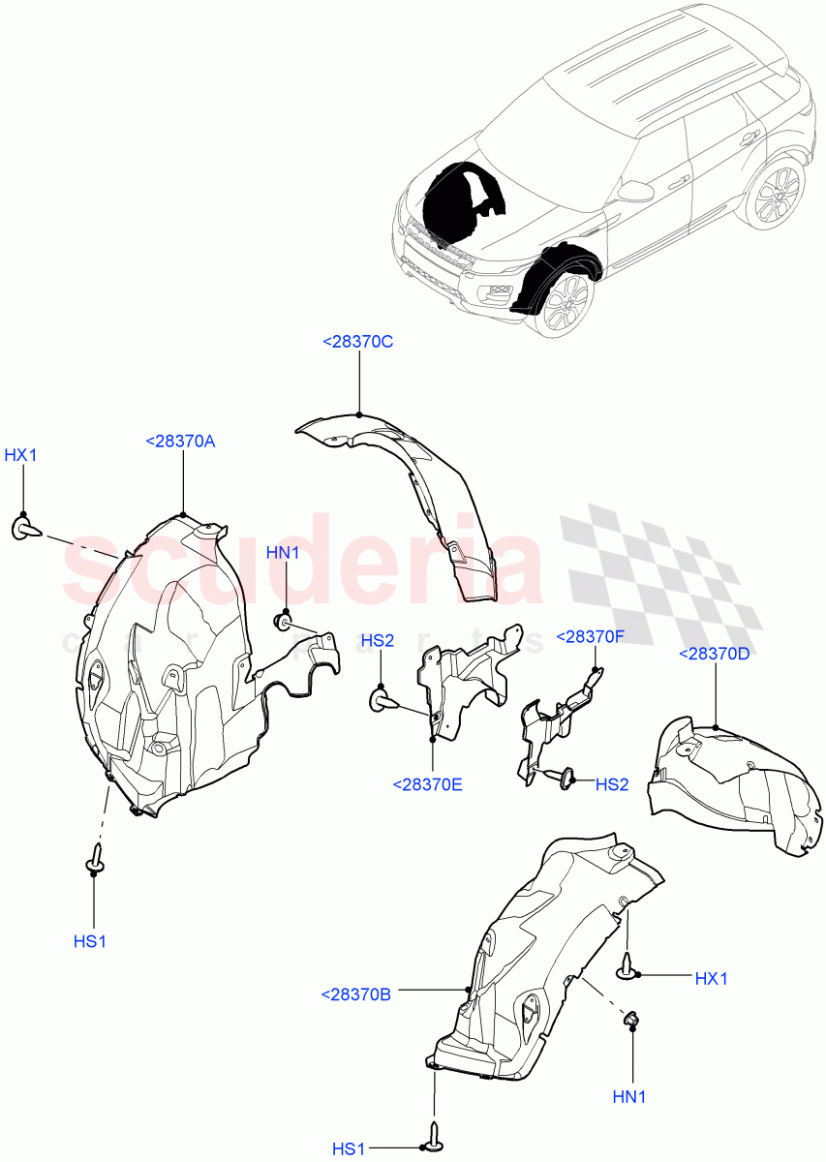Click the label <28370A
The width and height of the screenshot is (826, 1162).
tap(180, 441)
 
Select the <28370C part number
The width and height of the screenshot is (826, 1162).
tap(357, 341)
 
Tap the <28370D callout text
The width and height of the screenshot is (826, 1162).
tap(715, 654)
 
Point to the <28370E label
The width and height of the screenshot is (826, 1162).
tap(428, 784)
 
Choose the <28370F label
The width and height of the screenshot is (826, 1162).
tap(592, 636)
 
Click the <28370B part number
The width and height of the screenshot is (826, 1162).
tap(355, 994)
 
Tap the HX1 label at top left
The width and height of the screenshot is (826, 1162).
tap(20, 455)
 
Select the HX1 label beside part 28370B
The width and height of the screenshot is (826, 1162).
tap(711, 979)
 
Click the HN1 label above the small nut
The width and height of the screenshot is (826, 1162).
tap(283, 553)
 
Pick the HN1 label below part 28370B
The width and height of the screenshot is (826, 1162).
tap(629, 1097)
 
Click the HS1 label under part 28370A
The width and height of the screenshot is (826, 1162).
tap(89, 940)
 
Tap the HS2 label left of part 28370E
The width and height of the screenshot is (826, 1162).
tap(378, 640)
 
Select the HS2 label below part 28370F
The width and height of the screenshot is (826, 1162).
tap(612, 784)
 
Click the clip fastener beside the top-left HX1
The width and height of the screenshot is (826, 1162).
tap(26, 528)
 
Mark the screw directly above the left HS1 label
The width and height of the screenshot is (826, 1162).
tap(95, 857)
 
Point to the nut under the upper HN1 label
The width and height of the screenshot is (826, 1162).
tap(285, 619)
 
